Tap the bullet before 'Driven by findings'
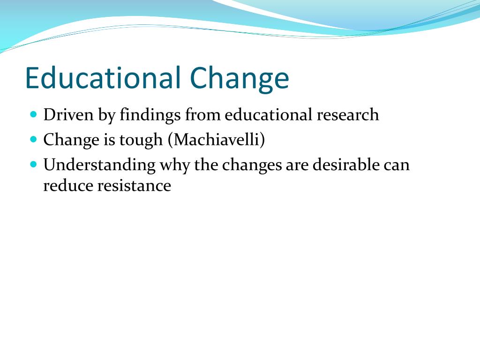(x=33, y=114)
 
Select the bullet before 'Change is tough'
(x=33, y=139)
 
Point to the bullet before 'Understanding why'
(x=33, y=165)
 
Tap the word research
(x=347, y=115)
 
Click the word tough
(x=142, y=140)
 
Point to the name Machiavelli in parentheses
(x=217, y=140)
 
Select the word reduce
(x=67, y=186)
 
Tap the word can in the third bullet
(x=396, y=165)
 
